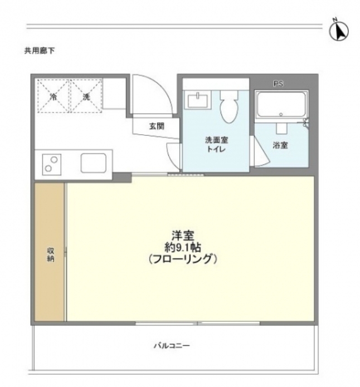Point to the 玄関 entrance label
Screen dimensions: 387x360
(x=157, y=126)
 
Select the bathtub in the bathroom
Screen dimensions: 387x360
(x=281, y=105)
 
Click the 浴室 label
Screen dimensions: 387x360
(x=280, y=146)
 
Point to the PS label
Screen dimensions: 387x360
(x=278, y=84)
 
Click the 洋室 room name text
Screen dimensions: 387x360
(x=182, y=235)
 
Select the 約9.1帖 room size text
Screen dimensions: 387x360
(x=182, y=247)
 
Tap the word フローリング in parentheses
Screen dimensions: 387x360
(x=182, y=259)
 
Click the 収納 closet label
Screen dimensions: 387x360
(x=50, y=254)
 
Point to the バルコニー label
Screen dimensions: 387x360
(x=172, y=346)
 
